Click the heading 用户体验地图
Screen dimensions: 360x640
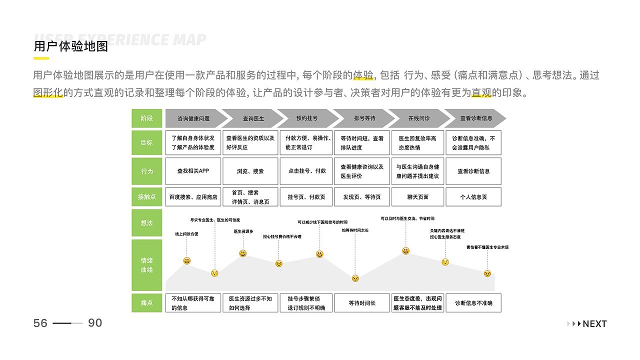70,47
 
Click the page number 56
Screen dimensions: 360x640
40,323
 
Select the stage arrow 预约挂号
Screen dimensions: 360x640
306,118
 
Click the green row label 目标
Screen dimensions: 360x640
147,142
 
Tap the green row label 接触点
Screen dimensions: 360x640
147,197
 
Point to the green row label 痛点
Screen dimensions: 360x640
147,303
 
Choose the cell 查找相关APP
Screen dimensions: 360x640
193,171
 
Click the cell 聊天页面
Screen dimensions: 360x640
417,197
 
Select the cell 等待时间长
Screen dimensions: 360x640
362,303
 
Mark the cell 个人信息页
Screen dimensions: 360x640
473,197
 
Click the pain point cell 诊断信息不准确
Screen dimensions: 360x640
473,303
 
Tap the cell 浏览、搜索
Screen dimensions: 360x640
250,171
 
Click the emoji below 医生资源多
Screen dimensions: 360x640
243,253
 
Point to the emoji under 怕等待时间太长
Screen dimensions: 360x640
355,278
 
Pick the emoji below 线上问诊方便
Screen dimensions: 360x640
187,260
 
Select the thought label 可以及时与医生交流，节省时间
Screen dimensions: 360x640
407,218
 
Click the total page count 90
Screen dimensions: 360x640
95,323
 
